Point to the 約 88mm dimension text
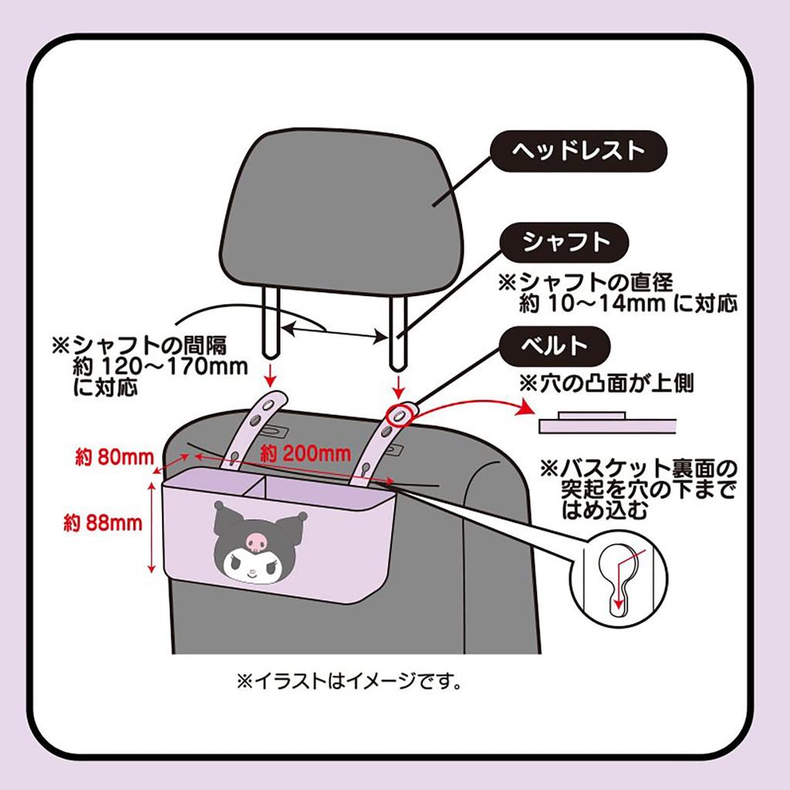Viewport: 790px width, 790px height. pos(104,524)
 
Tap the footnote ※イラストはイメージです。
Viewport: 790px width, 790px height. pos(348,682)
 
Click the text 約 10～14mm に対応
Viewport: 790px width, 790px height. pos(627,302)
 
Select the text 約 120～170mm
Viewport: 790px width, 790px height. pos(160,365)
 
